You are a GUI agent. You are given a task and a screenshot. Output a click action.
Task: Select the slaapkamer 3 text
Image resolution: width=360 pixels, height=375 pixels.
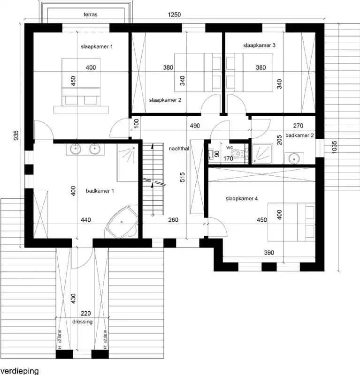click(x=259, y=45)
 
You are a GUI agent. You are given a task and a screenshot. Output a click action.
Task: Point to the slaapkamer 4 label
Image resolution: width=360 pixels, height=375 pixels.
click(x=242, y=198)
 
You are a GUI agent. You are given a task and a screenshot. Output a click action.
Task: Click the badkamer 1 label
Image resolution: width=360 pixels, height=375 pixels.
click(x=100, y=191)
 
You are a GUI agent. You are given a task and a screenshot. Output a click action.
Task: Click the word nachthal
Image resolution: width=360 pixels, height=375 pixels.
click(x=178, y=148)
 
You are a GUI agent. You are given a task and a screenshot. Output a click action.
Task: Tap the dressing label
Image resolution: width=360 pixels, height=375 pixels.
click(x=83, y=322)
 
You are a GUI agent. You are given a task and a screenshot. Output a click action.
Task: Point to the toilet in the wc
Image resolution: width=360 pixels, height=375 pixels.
click(x=241, y=153)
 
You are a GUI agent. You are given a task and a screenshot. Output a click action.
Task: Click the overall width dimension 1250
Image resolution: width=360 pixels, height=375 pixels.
click(x=175, y=15)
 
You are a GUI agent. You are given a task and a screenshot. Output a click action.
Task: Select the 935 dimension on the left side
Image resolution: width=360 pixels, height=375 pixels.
click(x=16, y=135)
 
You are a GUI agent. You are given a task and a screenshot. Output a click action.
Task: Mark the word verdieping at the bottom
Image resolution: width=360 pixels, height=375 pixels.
click(x=19, y=371)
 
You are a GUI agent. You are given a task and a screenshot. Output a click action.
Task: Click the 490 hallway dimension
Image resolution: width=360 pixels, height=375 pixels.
click(x=195, y=126)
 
